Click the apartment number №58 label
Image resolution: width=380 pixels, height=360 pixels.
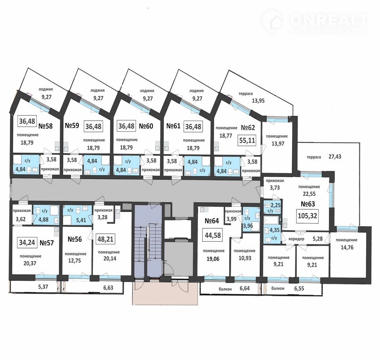point(46,126)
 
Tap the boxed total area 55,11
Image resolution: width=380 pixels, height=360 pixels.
point(247,140)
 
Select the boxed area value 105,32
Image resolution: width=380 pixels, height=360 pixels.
point(307,216)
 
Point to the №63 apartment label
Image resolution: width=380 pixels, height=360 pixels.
point(308,204)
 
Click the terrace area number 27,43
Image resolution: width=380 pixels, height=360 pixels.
point(335,157)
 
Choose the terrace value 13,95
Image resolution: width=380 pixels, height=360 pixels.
point(258,100)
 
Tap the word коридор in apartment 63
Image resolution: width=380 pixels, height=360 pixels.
point(296,239)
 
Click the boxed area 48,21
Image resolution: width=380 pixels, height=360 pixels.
point(105,239)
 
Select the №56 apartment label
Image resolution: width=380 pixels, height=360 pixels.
point(75,239)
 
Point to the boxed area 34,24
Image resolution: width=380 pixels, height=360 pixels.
point(27,243)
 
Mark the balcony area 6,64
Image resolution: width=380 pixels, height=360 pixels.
point(245,289)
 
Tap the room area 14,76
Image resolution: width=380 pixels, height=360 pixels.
point(346,247)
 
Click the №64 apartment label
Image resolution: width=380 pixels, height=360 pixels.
point(212,221)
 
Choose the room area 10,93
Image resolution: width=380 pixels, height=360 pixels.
point(245,258)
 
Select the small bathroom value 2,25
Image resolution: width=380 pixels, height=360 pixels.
point(275,205)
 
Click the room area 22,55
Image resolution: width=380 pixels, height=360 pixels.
point(309,194)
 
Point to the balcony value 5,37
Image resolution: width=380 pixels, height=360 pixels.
point(43,287)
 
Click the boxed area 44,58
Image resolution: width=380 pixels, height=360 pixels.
point(213,235)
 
